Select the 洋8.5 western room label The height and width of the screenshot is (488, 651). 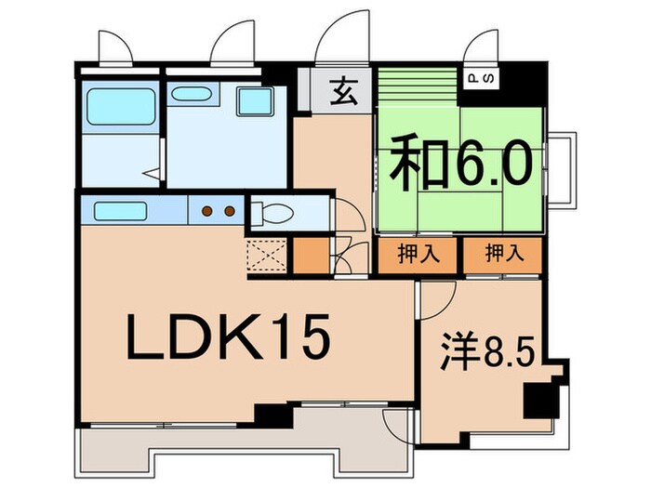click(x=485, y=352)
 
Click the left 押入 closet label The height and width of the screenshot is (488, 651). click(x=418, y=254)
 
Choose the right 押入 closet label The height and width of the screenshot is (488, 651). click(x=502, y=254)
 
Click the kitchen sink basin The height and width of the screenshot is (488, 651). click(x=116, y=210)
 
